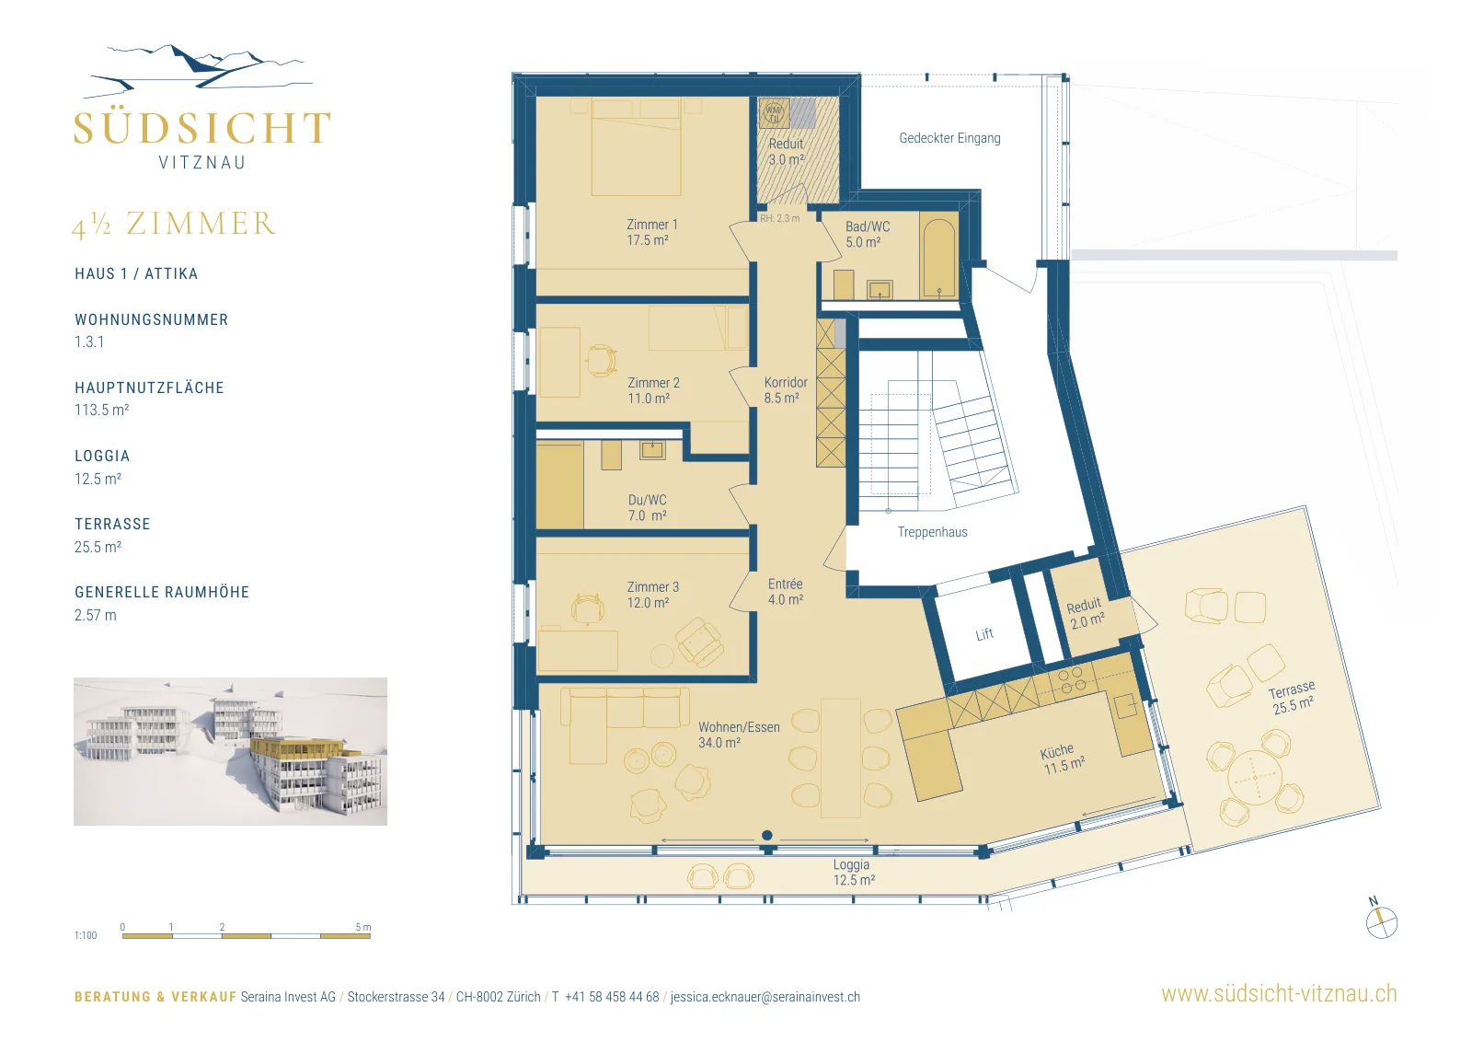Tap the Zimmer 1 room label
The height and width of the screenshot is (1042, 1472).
(x=651, y=225)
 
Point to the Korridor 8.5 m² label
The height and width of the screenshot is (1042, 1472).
(x=786, y=390)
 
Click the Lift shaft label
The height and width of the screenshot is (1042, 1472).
(x=984, y=633)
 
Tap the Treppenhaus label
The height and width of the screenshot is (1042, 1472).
(x=933, y=532)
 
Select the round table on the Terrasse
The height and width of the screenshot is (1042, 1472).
(x=1255, y=779)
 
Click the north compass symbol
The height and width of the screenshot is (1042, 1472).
(x=1381, y=920)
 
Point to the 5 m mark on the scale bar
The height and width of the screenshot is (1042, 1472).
(x=362, y=928)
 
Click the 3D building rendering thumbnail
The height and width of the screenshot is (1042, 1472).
(x=230, y=751)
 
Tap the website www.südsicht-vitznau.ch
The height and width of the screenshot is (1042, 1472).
(x=1279, y=993)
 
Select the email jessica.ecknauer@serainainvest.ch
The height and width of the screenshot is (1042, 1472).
(x=765, y=997)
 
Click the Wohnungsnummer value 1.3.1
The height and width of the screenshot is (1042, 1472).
(x=89, y=342)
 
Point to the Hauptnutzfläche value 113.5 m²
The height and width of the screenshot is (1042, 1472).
(x=102, y=411)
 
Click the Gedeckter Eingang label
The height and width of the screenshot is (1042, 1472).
(x=949, y=138)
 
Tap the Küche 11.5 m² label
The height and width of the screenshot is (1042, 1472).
(x=1062, y=758)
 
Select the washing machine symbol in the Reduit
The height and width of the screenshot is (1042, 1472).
(x=774, y=113)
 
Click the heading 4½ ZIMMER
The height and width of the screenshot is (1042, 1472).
(x=174, y=225)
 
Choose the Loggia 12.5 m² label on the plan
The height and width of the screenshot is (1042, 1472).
(x=853, y=873)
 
